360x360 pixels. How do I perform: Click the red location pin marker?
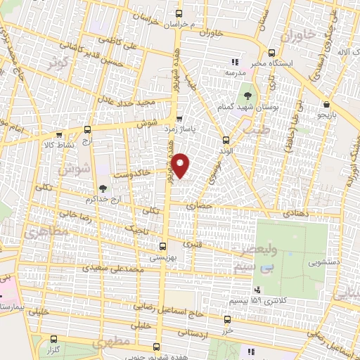click(x=181, y=166)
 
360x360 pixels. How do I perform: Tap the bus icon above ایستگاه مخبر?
click(x=272, y=51)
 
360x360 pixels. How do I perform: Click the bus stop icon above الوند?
click(x=225, y=139)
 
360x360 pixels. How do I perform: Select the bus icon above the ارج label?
click(x=87, y=129)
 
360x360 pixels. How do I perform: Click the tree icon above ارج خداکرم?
click(x=103, y=188)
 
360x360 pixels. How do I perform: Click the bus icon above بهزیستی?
click(x=162, y=246)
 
